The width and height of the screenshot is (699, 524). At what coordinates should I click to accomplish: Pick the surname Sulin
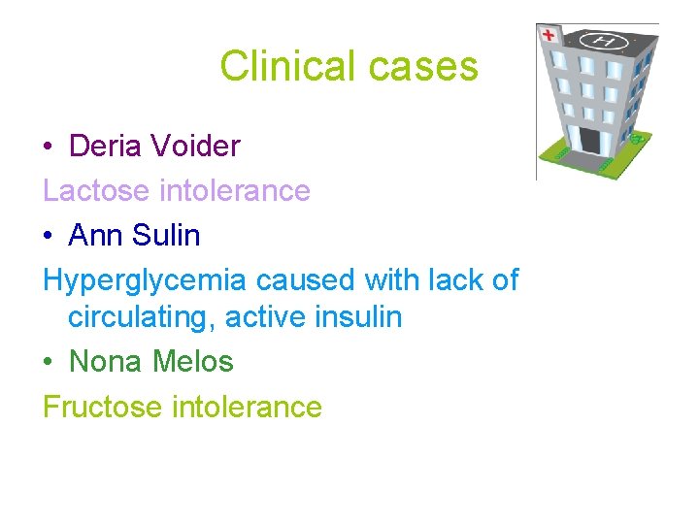[x=166, y=236]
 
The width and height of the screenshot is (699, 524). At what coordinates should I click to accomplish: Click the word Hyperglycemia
[x=145, y=281]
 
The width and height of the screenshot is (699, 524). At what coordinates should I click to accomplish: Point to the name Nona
[x=105, y=362]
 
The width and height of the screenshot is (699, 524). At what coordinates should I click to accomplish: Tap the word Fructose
[x=102, y=406]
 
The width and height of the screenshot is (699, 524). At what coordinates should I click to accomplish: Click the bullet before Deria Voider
[x=49, y=147]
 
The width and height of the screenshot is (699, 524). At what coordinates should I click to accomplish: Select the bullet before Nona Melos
[x=49, y=363]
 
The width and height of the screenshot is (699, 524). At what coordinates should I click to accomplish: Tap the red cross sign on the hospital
[x=549, y=35]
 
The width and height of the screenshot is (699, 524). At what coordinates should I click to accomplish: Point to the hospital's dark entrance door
[x=588, y=140]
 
